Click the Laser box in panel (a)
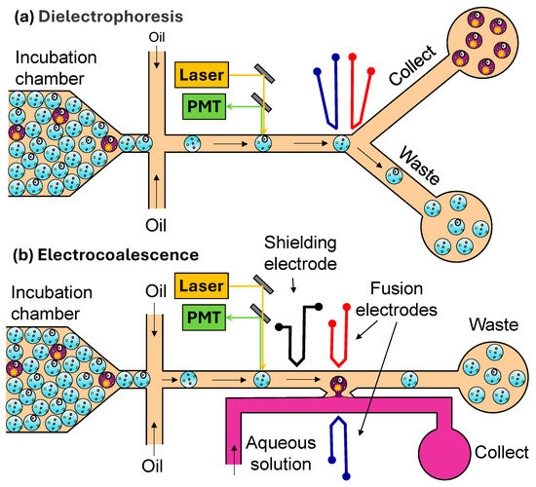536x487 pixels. pos(203,72)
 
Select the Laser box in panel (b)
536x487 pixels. pos(203,284)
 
